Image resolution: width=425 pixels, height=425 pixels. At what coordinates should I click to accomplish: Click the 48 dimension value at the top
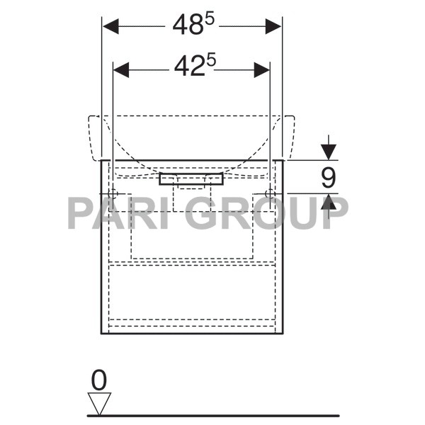(x=187, y=26)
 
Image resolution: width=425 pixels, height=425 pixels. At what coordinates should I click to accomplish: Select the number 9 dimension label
(x=328, y=177)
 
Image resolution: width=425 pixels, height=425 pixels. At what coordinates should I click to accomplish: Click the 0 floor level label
(x=99, y=381)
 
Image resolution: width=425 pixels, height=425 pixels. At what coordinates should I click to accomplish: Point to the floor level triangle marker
(x=99, y=404)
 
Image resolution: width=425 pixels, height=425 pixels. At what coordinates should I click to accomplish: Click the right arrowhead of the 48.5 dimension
(x=274, y=27)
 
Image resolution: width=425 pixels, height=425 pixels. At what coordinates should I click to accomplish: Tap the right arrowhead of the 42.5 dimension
(x=262, y=69)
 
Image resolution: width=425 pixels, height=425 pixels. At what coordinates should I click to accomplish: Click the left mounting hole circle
(x=113, y=193)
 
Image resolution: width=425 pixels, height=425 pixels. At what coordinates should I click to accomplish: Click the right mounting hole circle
(x=268, y=193)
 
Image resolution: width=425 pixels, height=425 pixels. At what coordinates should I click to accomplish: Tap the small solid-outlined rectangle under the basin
(x=191, y=179)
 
